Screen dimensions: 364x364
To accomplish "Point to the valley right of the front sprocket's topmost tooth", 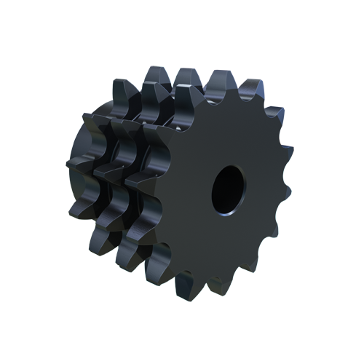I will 234,98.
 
